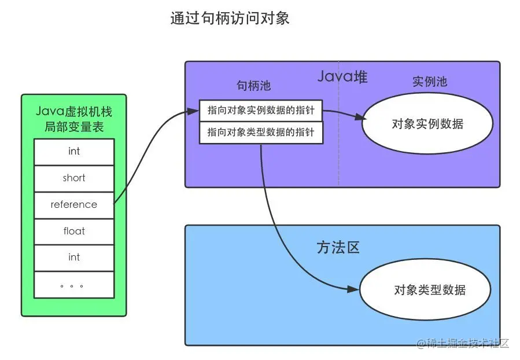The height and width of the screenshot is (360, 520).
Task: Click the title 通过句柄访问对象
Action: coord(230,18)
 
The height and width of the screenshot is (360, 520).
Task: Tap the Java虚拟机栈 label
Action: coord(73,112)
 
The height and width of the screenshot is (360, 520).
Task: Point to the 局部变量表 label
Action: coord(74,127)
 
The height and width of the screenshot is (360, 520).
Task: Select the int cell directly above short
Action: coord(74,152)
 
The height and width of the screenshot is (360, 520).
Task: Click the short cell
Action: coord(74,178)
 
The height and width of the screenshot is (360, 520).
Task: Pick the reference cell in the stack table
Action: coord(74,205)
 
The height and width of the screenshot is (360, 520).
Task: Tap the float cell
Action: coord(74,232)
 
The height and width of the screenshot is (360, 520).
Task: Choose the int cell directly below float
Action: coord(74,258)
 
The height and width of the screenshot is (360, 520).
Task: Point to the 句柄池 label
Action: coord(254,86)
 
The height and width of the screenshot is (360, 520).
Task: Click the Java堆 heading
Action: coord(342,76)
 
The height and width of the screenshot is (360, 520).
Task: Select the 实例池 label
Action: coord(430,82)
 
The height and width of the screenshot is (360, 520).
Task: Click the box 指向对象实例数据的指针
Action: coord(261,111)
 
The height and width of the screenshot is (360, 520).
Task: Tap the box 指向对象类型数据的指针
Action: coord(261,133)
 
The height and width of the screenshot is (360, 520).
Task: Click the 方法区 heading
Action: coord(338,248)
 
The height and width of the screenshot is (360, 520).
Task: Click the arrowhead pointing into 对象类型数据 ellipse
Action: coord(353,289)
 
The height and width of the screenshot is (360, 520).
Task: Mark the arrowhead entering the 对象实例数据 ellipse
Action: coord(360,117)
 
